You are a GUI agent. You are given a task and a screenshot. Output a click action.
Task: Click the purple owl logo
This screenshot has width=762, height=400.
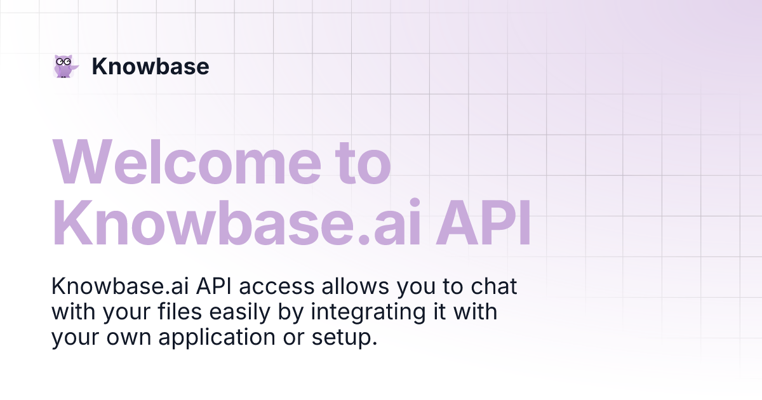[x=65, y=66]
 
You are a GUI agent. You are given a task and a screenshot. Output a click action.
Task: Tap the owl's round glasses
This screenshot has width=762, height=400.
[x=62, y=61]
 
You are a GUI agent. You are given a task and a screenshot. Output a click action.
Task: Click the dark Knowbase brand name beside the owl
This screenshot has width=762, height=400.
[x=150, y=66]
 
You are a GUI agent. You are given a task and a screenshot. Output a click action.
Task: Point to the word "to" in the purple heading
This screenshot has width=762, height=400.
[x=362, y=163]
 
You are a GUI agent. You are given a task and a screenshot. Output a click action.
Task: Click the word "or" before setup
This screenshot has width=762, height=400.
[x=291, y=338]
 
